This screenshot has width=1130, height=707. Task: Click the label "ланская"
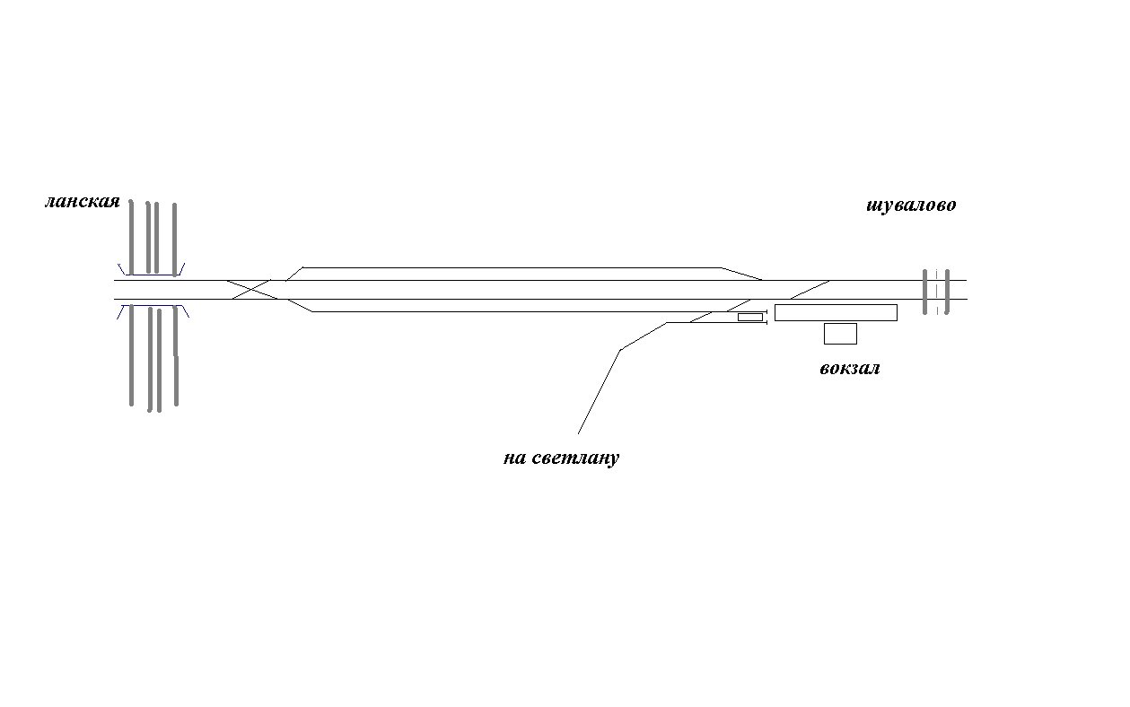[x=82, y=202]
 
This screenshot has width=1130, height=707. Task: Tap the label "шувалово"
[x=911, y=205]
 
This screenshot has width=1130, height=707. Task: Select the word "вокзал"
[x=849, y=369]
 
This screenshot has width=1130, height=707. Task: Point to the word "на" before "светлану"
[x=514, y=459]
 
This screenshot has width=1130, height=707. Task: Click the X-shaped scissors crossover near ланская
[x=251, y=289]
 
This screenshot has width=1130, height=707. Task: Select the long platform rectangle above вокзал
[x=836, y=312]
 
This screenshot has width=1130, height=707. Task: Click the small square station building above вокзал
[x=840, y=334]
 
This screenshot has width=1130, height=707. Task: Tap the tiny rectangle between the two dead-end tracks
[x=749, y=317]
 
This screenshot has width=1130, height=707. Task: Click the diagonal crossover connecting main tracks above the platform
[x=810, y=289]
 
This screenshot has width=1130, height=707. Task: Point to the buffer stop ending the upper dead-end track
[x=766, y=312]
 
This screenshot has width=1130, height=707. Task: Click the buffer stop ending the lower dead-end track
[x=766, y=323]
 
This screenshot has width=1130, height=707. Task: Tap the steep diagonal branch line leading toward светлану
[x=599, y=392]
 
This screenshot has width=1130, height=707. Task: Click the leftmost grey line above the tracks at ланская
[x=131, y=235]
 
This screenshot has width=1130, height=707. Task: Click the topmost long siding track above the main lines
[x=512, y=267]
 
